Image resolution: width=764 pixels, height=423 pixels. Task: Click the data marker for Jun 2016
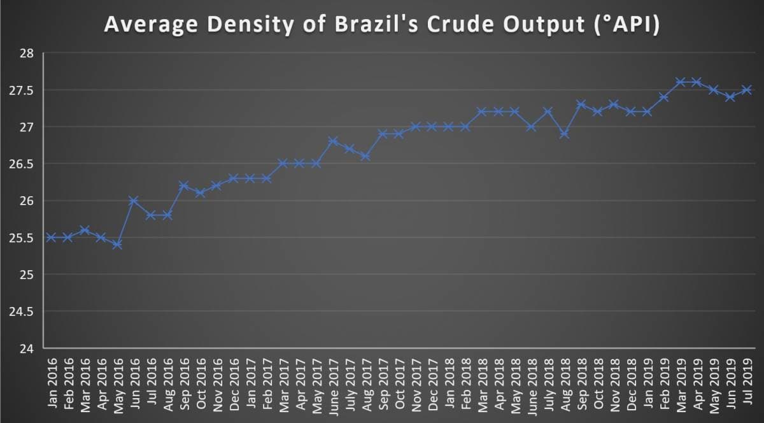(x=134, y=201)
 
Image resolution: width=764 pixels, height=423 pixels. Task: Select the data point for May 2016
(x=117, y=245)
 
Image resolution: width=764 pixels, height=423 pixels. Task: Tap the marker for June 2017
(x=332, y=141)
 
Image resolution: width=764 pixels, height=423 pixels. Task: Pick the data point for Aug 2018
(x=564, y=134)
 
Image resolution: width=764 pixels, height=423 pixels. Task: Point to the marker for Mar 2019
(x=680, y=82)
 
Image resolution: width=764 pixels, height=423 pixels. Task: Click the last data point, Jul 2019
(x=746, y=90)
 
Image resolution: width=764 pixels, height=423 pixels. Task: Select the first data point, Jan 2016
(x=51, y=238)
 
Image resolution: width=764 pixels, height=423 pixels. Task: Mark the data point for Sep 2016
(x=183, y=186)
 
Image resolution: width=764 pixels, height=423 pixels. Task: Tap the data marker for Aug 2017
(x=365, y=156)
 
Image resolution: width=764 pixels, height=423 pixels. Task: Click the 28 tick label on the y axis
(x=26, y=54)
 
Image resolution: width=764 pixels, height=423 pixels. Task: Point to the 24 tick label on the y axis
(x=26, y=348)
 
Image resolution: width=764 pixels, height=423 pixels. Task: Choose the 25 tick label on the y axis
(x=26, y=275)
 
